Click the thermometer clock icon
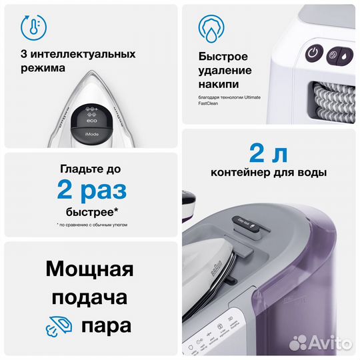click(x=29, y=27)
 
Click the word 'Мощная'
click(x=90, y=270)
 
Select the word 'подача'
click(x=90, y=298)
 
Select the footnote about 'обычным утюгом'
click(x=92, y=225)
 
